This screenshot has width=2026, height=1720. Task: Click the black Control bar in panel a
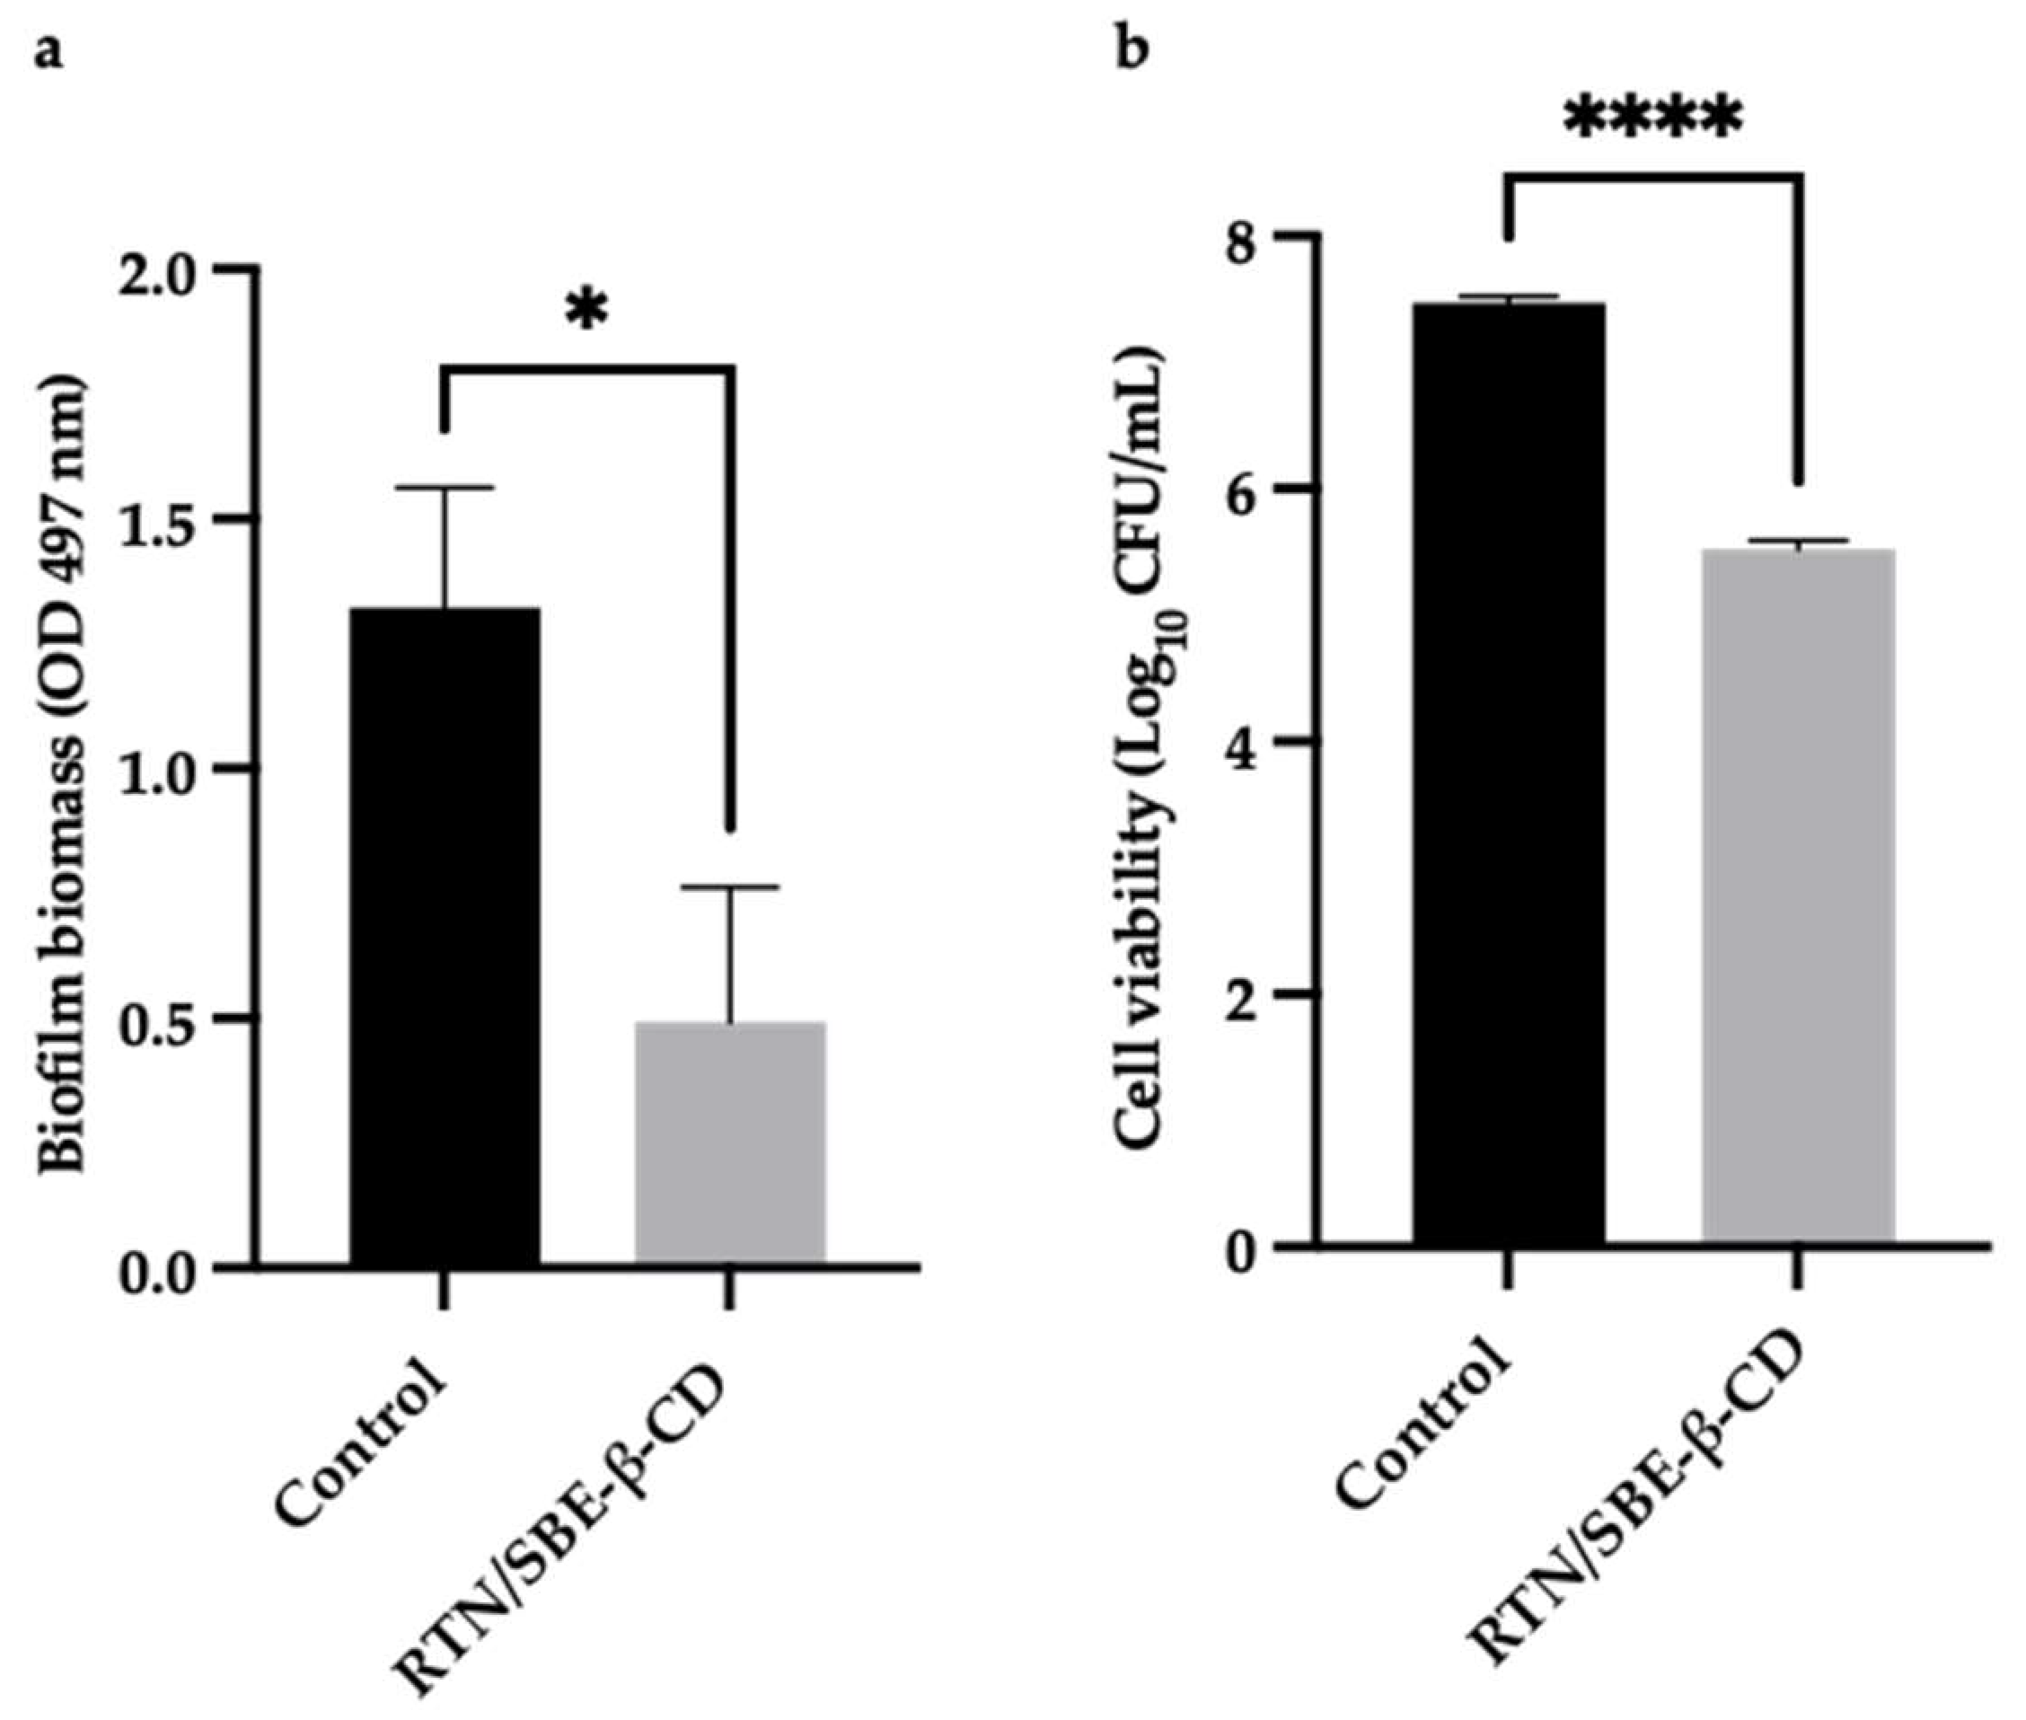[445, 936]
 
